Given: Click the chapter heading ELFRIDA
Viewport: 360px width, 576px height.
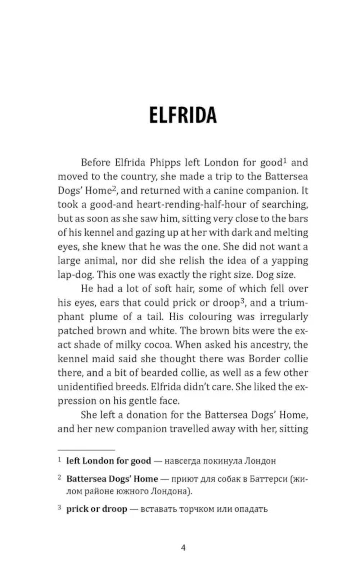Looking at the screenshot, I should [x=183, y=115].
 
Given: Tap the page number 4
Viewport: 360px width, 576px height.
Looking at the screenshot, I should [x=183, y=548].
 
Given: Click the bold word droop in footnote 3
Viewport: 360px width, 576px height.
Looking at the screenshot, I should [x=114, y=509].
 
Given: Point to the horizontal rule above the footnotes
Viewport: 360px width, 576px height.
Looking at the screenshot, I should [x=86, y=450].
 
